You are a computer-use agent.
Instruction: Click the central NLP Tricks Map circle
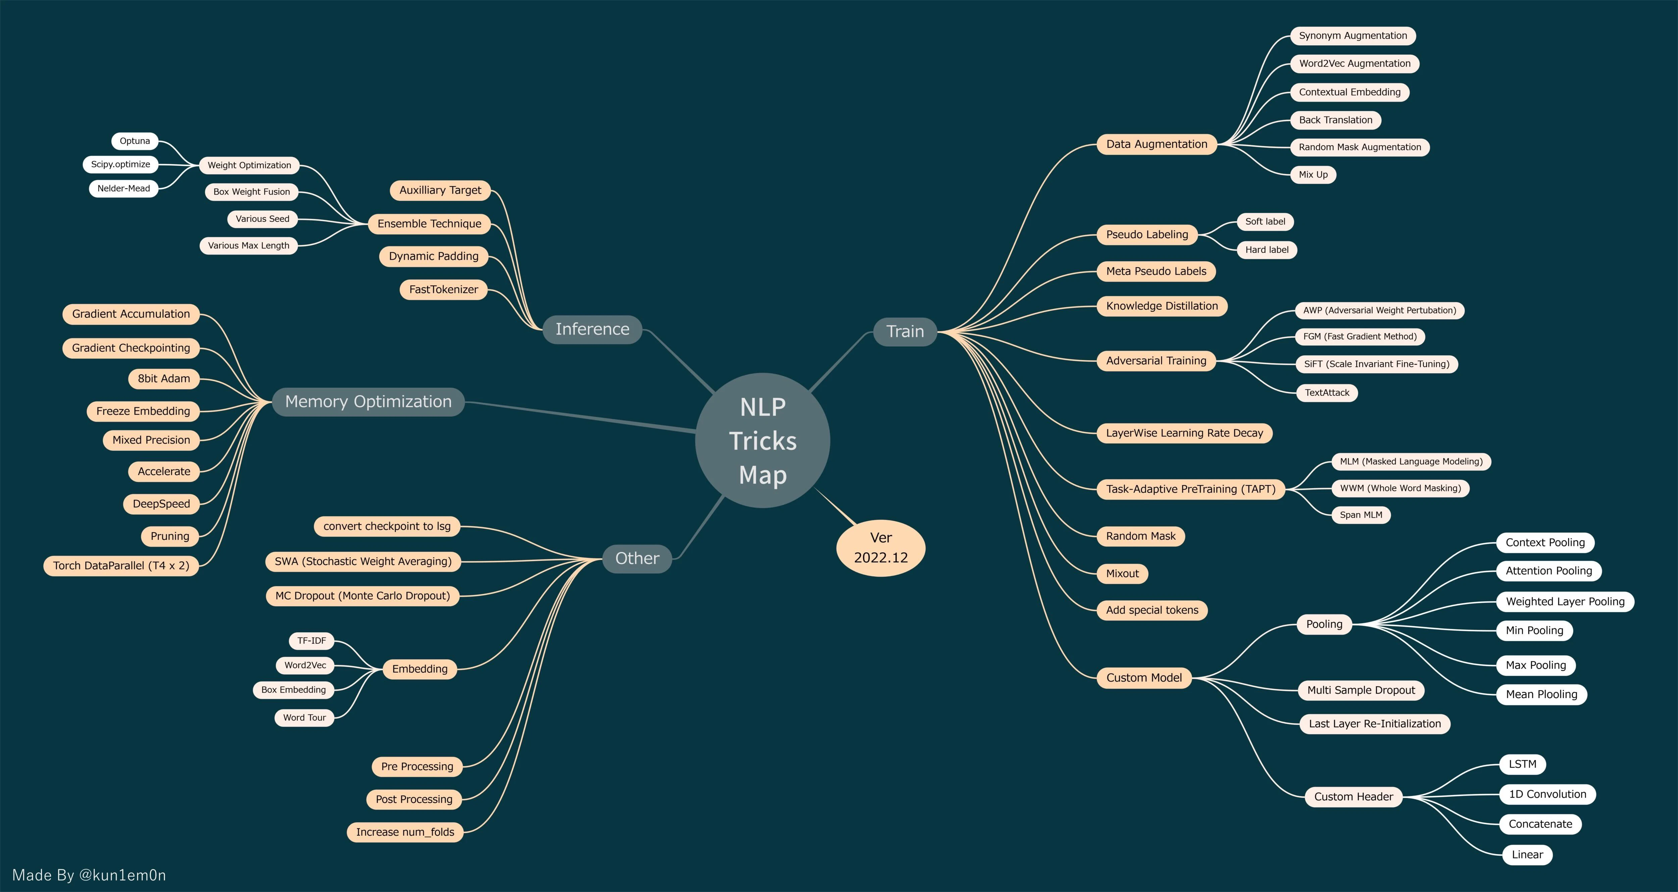click(x=763, y=440)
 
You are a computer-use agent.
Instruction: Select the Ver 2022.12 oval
click(x=881, y=547)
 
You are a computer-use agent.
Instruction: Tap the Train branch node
click(x=905, y=332)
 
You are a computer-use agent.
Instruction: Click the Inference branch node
click(x=592, y=329)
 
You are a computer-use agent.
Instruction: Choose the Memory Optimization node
click(x=368, y=402)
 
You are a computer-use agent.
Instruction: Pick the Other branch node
click(x=637, y=558)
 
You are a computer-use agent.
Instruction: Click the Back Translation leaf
click(x=1335, y=120)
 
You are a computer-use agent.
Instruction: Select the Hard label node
click(x=1266, y=249)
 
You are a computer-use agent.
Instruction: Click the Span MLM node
click(x=1361, y=515)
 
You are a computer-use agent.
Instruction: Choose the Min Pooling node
click(x=1534, y=630)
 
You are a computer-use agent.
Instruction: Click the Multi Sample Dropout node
click(x=1361, y=690)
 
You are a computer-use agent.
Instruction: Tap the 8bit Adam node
click(x=163, y=379)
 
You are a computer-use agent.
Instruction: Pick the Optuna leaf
click(x=135, y=141)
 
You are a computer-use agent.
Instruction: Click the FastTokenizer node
click(x=444, y=289)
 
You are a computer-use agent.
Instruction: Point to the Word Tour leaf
click(x=304, y=717)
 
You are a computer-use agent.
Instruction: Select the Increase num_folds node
click(x=405, y=832)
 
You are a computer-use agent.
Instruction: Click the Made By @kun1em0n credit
click(x=89, y=875)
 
